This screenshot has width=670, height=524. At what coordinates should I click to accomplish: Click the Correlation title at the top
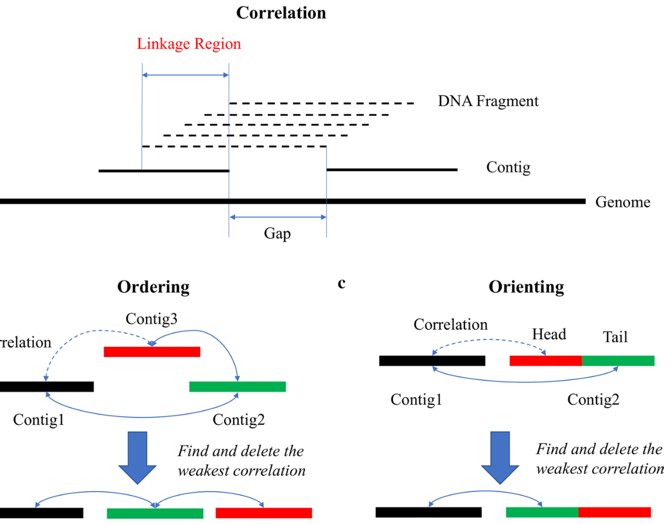coord(281,12)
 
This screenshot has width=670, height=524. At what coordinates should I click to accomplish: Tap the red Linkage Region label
coord(189,43)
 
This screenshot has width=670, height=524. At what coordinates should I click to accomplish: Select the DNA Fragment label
coord(488,101)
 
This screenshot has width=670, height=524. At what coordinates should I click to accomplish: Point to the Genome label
coord(623,202)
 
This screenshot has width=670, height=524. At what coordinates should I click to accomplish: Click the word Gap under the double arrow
coord(277,233)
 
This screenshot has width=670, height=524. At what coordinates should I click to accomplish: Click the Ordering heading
coord(153,287)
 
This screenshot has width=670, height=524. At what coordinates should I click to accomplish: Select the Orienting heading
coord(526,287)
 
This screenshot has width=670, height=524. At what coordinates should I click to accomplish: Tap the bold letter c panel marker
coord(341,283)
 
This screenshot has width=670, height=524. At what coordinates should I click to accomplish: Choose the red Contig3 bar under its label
coord(152,352)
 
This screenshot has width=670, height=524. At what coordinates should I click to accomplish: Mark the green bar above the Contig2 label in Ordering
coord(237,386)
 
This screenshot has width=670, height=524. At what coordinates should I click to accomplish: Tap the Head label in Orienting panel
coord(549,334)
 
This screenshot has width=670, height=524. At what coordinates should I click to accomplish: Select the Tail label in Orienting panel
coord(615,337)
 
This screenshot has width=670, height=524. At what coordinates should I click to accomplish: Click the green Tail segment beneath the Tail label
coord(617,360)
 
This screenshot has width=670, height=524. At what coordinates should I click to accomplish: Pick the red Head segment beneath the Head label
coord(545,360)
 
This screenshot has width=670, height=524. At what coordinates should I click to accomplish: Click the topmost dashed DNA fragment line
coord(322,103)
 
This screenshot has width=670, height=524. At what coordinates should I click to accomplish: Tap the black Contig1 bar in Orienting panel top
coord(432,360)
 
